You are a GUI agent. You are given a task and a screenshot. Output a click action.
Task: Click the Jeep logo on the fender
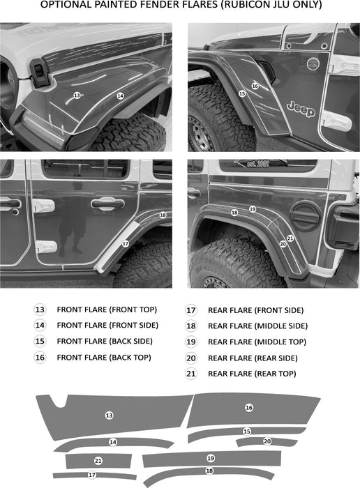pos(301,109)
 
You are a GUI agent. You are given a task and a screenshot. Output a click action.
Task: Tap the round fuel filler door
pos(306,215)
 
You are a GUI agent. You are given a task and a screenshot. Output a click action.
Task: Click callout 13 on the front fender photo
pos(77,96)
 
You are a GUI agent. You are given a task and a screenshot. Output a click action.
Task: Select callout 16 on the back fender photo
pos(255,86)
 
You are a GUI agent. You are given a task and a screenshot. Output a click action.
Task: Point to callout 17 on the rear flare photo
pos(126,243)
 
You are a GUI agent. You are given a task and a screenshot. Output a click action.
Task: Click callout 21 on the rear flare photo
pos(290,238)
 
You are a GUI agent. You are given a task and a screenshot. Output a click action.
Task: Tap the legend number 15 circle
pos(40,341)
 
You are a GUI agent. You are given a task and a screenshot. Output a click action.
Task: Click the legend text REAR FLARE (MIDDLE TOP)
pos(257,342)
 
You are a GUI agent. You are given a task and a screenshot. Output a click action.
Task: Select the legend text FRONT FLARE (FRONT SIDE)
pos(107,326)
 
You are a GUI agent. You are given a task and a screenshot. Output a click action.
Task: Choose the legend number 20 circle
pos(191,358)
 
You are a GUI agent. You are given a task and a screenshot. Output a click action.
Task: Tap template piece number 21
pos(98,461)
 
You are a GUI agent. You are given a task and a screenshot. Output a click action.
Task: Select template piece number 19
pos(212,459)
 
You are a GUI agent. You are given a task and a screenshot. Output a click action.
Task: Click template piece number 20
pos(267,441)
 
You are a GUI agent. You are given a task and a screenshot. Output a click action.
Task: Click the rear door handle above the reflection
pos(107,204)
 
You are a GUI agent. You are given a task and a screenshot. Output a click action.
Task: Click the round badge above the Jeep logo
pos(313,64)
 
